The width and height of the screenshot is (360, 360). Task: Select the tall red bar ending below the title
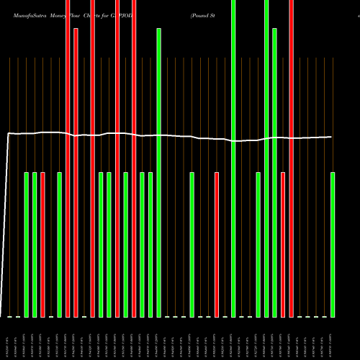(x=76, y=173)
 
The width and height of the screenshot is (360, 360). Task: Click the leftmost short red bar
(x=43, y=245)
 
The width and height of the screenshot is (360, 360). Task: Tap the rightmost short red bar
(x=283, y=245)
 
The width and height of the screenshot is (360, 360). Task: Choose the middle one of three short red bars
(x=217, y=245)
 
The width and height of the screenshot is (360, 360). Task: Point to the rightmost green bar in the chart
(x=333, y=245)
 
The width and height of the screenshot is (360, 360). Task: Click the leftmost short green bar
(x=27, y=245)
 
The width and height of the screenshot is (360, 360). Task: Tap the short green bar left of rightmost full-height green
(x=258, y=245)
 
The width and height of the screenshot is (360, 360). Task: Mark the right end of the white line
(x=332, y=137)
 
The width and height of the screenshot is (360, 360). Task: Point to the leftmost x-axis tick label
(x=10, y=338)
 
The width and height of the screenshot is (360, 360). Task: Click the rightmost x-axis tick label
(x=333, y=338)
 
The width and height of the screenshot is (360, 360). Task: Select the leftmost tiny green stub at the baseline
(x=10, y=317)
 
